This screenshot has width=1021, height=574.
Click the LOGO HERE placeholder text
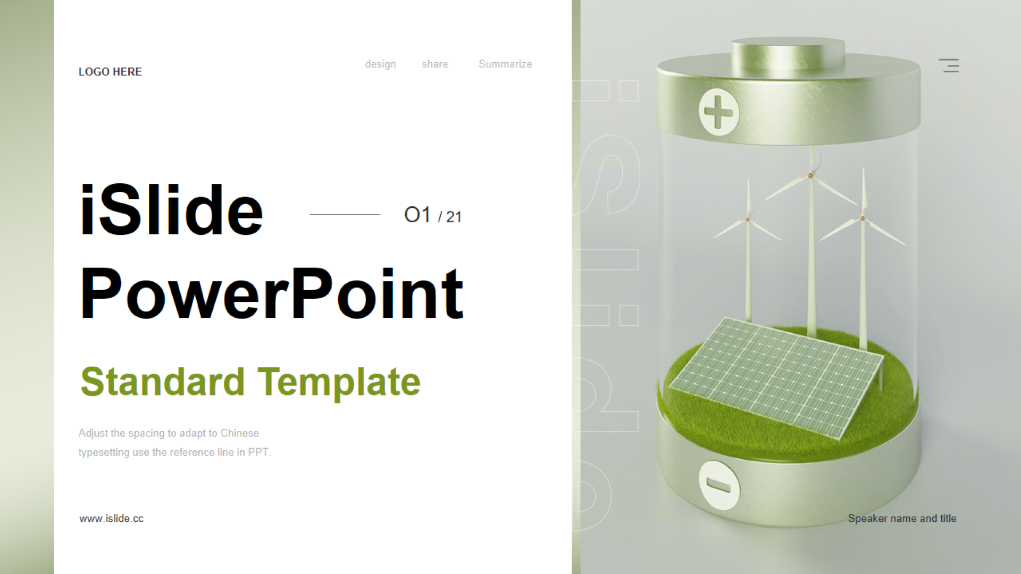point(110,72)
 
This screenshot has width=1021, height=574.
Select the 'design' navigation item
point(380,64)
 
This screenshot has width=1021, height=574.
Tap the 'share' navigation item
point(435,64)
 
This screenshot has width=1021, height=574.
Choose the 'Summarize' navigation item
point(505,64)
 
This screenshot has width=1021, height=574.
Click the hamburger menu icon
point(949,65)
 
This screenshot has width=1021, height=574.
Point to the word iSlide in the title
point(171,209)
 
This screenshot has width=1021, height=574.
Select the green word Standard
point(162,382)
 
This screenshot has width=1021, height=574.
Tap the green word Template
point(339,383)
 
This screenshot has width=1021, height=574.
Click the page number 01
point(417,215)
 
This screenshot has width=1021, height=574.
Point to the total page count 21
point(454,217)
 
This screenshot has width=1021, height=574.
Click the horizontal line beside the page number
point(345,215)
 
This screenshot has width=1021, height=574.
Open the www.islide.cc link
point(112,519)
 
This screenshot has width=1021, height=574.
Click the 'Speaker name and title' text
point(902,518)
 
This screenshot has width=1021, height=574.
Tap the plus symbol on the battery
point(718,112)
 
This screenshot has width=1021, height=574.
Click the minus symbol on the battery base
point(719,485)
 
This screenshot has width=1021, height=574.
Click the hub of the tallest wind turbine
point(810,175)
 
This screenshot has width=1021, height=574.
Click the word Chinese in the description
point(239,433)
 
